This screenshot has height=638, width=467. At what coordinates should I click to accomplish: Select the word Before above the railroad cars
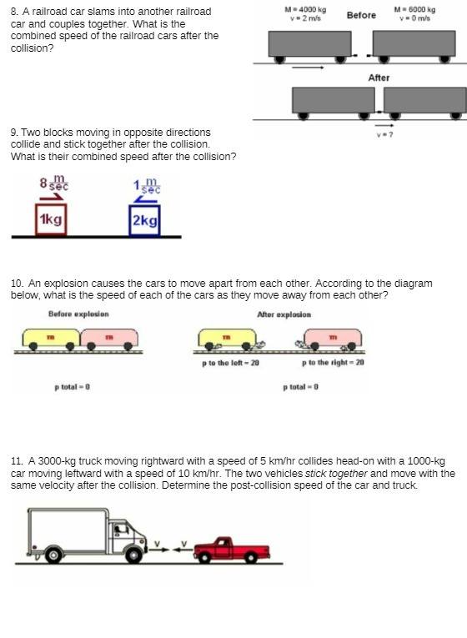[x=361, y=15]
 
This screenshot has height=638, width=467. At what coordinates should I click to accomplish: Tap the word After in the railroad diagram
[x=379, y=78]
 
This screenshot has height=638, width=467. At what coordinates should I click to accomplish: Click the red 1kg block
[x=50, y=220]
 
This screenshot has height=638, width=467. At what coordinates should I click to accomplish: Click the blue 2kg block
[x=144, y=220]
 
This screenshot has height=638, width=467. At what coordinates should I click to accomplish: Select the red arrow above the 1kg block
[x=51, y=198]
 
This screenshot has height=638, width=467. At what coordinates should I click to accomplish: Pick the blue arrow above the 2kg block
[x=145, y=198]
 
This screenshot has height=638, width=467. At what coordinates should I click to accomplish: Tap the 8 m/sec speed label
[x=54, y=183]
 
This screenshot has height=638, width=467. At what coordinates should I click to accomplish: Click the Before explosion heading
[x=78, y=314]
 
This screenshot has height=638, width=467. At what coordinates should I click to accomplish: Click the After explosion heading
[x=284, y=314]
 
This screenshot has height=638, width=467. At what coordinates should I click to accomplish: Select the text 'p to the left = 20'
[x=231, y=363]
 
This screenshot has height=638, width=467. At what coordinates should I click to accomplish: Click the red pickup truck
[x=231, y=548]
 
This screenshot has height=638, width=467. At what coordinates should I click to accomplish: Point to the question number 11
[x=17, y=461]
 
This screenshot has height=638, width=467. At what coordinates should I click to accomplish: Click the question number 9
[x=14, y=132]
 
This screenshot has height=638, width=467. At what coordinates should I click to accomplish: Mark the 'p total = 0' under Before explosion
[x=72, y=387]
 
